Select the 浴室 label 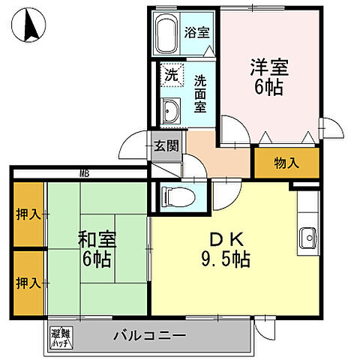pos(198,33)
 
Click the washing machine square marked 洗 pos(171,75)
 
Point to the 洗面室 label pos(200,92)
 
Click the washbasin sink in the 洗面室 pos(169,111)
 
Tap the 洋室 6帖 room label pos(267,74)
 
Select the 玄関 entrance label pos(166,145)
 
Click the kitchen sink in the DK pos(307,239)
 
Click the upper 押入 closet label pos(28,215)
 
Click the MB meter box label pos(84,174)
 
